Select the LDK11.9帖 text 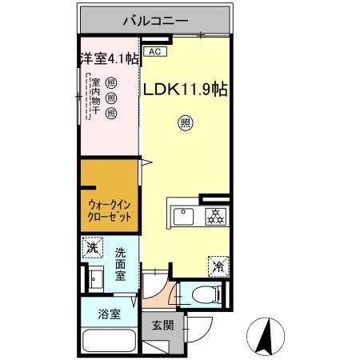[185, 90]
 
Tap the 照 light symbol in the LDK [185, 123]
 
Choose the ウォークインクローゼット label [107, 211]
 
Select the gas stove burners [215, 214]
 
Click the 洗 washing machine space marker [92, 249]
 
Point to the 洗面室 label [121, 265]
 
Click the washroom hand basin [98, 280]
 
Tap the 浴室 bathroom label [109, 313]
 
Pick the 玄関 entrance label [162, 326]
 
